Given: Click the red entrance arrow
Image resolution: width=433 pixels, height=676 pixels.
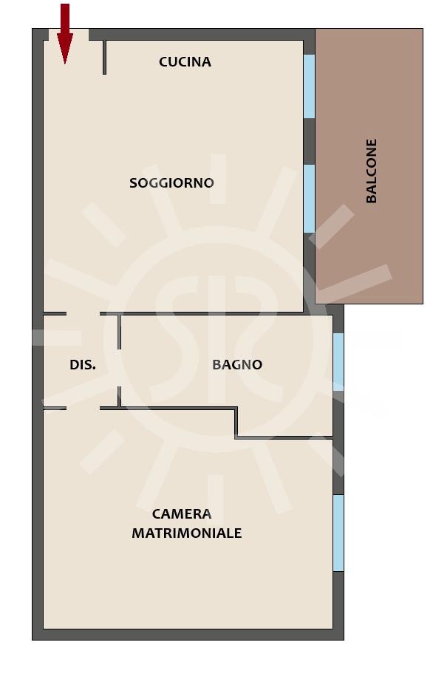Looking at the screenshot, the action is (x=65, y=34).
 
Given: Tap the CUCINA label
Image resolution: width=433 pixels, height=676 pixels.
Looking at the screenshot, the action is (x=185, y=62).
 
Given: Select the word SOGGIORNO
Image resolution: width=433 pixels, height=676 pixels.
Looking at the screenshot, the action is (x=171, y=182).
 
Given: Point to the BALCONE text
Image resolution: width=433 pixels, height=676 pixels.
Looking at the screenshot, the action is (x=371, y=171).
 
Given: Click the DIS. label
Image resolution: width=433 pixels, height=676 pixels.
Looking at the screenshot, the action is (x=83, y=365).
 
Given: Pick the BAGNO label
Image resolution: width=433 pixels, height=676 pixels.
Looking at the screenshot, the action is (x=237, y=365).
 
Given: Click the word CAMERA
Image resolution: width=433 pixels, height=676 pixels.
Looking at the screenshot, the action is (x=182, y=514).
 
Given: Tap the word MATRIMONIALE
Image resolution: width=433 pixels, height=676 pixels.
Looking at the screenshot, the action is (x=186, y=533).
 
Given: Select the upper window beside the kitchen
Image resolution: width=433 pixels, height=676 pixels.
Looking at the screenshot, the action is (x=309, y=86).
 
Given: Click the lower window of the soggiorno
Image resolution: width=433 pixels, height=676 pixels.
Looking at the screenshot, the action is (x=309, y=199).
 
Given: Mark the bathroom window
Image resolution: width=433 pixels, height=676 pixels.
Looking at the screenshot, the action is (x=338, y=362).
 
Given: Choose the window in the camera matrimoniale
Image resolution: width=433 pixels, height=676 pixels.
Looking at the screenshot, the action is (x=338, y=533).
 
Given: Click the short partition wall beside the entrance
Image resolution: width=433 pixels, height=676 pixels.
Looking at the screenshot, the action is (x=104, y=58).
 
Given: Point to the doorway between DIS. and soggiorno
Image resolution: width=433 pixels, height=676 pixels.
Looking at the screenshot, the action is (x=83, y=314).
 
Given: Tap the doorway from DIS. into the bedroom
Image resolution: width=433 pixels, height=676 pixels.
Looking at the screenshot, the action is (x=83, y=407).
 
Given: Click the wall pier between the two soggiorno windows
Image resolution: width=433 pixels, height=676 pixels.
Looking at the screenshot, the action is (x=309, y=141).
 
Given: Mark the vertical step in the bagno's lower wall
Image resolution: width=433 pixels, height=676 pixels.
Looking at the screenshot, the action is (x=236, y=423).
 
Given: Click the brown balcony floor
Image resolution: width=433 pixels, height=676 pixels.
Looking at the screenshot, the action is (x=369, y=166).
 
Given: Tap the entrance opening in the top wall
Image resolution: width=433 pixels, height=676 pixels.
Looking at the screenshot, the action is (x=69, y=35).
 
